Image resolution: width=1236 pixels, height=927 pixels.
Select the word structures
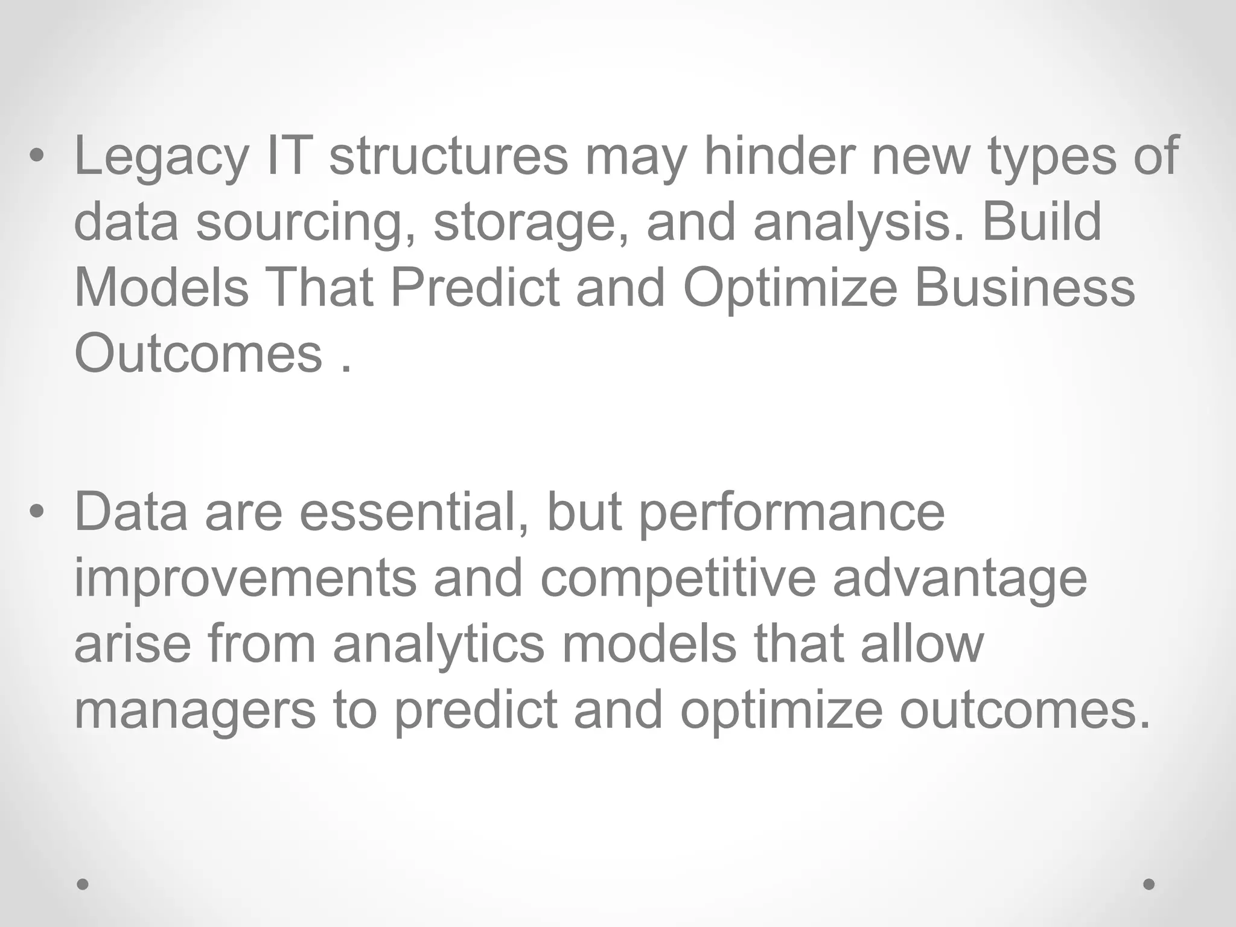pos(448,156)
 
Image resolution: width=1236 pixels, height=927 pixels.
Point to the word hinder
pos(779,156)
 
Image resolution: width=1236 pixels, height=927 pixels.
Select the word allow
pos(922,643)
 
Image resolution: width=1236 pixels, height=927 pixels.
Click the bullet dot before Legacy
pos(37,156)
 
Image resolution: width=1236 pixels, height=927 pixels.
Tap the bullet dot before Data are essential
pos(37,512)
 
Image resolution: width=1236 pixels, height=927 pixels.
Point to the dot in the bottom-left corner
pos(83,884)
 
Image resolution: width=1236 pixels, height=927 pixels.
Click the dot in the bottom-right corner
pos(1149,884)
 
